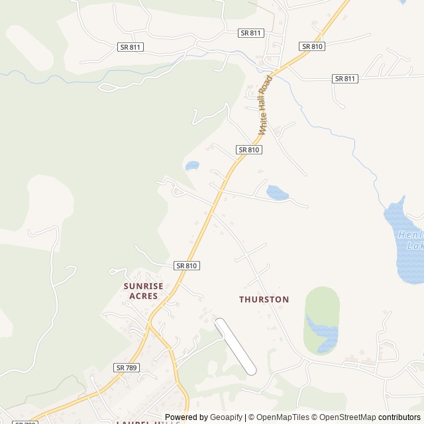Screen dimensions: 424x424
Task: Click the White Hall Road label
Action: (265, 105)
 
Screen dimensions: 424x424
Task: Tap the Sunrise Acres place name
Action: (143, 291)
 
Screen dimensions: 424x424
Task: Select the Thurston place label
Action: (264, 299)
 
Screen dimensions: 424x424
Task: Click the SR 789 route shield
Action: (127, 367)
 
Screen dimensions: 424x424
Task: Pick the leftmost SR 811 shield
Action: (130, 47)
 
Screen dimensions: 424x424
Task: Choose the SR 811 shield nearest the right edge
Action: (344, 78)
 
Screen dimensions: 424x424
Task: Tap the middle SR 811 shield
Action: (250, 32)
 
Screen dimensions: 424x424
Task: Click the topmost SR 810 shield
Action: (311, 46)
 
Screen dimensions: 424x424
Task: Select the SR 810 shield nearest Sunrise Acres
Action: (187, 265)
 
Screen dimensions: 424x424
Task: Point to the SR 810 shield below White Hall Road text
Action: (248, 150)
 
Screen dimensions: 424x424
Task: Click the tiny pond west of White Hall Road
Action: (192, 165)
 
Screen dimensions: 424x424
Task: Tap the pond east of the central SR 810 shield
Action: (277, 193)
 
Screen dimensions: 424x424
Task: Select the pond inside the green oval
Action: (321, 332)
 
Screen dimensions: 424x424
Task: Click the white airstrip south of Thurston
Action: (235, 346)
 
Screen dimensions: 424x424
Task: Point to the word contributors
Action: (399, 417)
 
